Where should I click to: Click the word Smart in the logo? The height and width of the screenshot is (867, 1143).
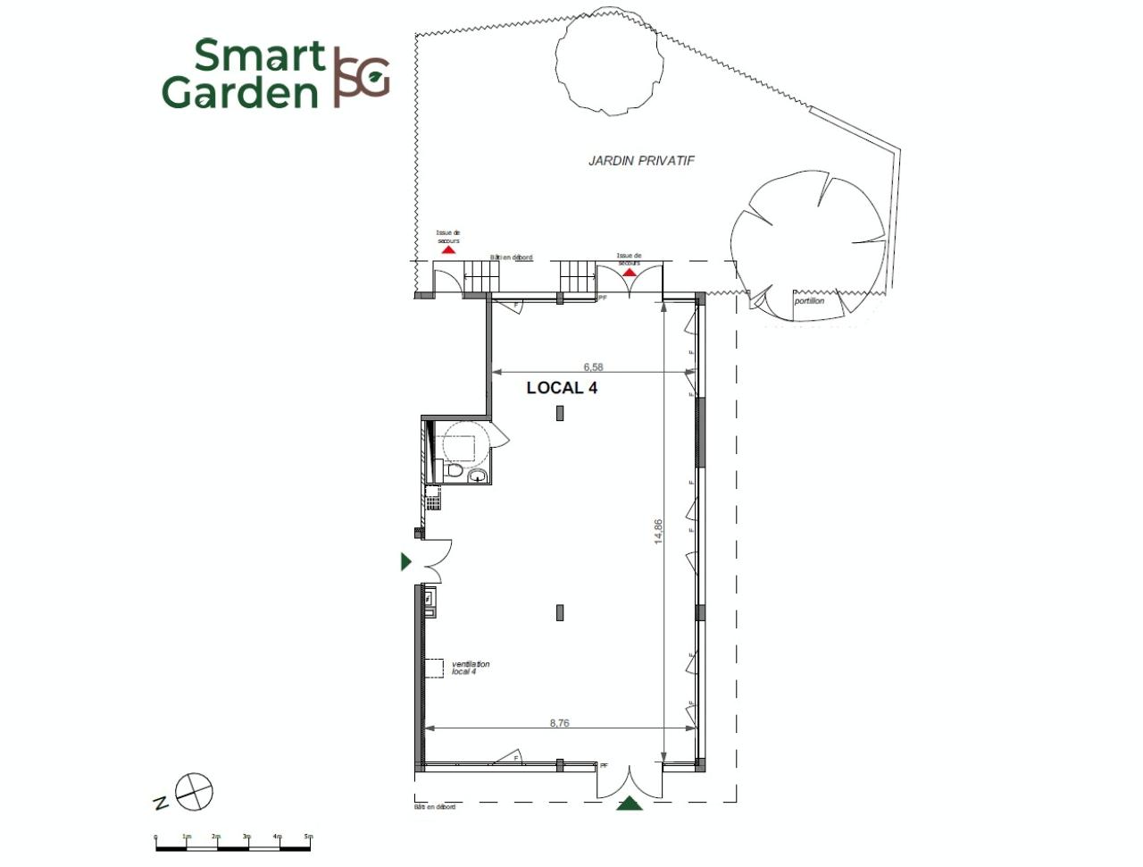pos(259,55)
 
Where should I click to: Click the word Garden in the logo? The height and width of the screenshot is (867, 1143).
pos(240,92)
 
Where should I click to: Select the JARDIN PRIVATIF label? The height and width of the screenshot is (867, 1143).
pos(641,161)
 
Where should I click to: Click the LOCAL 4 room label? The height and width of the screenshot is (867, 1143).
pos(562,388)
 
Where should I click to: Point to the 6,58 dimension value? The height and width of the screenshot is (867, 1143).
pos(593,366)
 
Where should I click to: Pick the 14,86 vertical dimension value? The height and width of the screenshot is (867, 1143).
pos(658,531)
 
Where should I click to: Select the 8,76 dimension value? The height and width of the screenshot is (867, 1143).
pos(559,723)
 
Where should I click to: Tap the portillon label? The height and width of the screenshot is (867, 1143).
pos(809,301)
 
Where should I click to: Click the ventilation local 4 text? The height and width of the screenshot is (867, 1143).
pos(471,668)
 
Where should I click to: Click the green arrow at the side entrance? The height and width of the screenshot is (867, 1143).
pos(406,561)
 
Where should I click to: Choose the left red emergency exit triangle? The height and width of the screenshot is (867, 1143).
pos(448,251)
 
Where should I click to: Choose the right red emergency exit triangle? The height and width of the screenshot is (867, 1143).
pos(630,272)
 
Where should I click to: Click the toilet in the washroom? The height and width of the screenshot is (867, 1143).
pos(455,470)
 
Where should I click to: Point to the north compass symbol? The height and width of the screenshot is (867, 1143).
pos(194,792)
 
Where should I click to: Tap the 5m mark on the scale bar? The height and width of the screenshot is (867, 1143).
pos(308,837)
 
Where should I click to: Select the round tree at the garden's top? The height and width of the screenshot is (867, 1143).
pos(610,60)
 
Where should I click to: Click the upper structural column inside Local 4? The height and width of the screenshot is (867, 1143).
pos(560,413)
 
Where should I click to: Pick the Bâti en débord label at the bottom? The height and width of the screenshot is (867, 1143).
pos(435,807)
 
